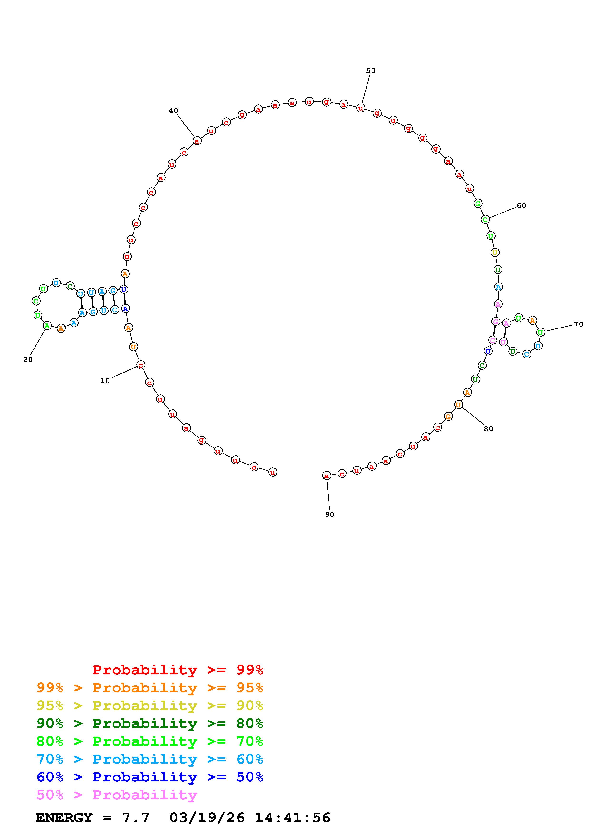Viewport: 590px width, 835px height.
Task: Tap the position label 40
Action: (x=174, y=110)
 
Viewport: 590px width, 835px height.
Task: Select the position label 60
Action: (x=521, y=205)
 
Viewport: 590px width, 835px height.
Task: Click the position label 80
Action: (x=489, y=429)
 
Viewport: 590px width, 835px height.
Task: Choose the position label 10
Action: (x=105, y=381)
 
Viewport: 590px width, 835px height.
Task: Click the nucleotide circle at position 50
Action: (x=361, y=108)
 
